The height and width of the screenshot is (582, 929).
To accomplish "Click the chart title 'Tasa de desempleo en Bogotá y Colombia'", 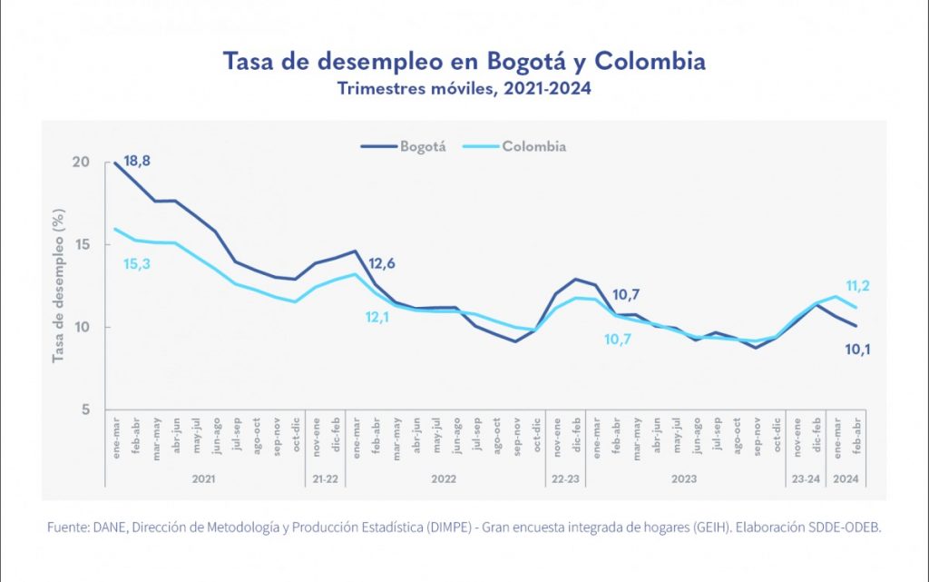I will click(464, 63).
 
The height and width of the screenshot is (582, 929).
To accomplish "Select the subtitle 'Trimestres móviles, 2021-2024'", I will click(464, 89).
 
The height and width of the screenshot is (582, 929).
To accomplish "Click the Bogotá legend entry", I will click(404, 146).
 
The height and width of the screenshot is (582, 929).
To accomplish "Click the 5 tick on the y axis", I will click(85, 410).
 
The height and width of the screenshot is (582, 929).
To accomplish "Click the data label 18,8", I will click(137, 162).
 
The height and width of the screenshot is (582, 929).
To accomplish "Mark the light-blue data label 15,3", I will click(137, 263).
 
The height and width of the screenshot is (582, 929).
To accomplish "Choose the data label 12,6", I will click(382, 265).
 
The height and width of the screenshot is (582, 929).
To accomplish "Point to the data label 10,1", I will click(857, 348).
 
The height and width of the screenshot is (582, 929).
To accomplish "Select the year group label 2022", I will click(444, 478).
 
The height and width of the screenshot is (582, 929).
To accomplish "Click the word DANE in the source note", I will click(105, 528).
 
